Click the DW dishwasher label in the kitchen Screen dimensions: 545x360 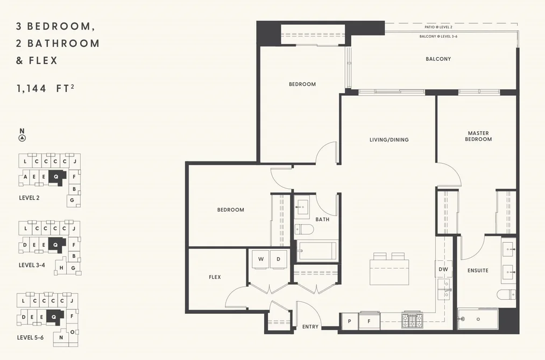443,269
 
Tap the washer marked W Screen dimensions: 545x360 261,259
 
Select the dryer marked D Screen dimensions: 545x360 279,259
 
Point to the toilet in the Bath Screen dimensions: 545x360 304,229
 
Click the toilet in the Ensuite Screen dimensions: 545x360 506,294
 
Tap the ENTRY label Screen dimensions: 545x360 310,327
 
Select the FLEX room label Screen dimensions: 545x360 215,277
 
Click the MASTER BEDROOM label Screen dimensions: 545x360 478,136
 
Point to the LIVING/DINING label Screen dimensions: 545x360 389,140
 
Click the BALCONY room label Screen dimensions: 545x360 438,59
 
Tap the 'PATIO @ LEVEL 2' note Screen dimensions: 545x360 438,27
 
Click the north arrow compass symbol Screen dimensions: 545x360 22,138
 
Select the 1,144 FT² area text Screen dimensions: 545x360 46,88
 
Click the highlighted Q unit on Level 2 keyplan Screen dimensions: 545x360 56,177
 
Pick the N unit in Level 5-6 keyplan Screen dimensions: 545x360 61,337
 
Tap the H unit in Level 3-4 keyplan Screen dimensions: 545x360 61,267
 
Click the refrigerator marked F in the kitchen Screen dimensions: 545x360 369,321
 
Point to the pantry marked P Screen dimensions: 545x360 349,321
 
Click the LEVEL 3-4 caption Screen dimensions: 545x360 32,265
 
